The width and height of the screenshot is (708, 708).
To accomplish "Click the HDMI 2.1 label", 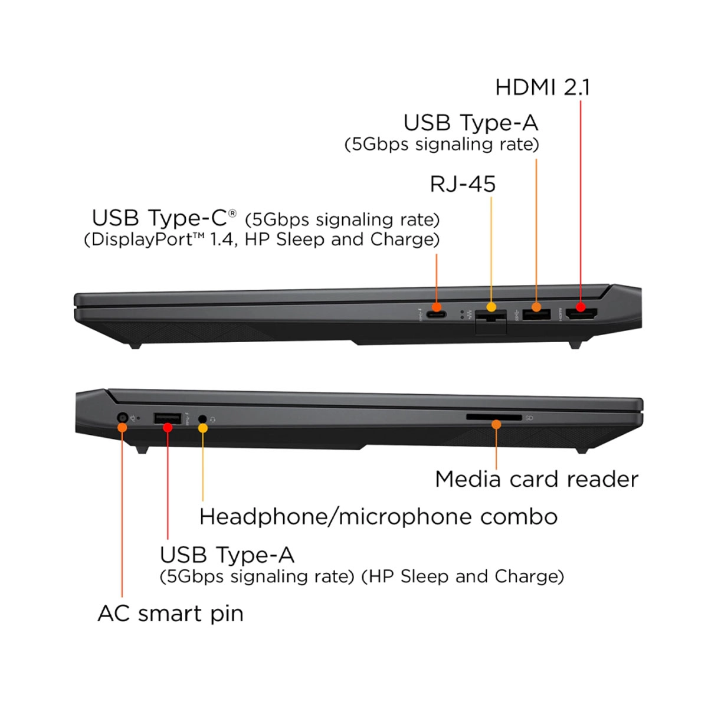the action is (x=542, y=87).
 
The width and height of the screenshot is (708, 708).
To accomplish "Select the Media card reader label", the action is (x=536, y=479).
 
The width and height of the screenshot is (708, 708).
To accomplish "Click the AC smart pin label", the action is (x=171, y=614).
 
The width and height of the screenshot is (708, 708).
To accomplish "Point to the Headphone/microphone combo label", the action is (x=378, y=517).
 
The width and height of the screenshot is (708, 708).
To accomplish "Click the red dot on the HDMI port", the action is (x=581, y=307).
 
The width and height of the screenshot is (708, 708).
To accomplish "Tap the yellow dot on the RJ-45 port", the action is (x=491, y=307).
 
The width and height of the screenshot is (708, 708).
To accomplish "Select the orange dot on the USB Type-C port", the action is (x=437, y=307).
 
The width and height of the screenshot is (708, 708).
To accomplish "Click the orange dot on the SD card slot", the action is (x=496, y=425).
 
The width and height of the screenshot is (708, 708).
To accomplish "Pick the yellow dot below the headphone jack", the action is (x=203, y=428).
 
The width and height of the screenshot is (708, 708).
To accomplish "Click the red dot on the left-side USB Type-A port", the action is (x=168, y=427).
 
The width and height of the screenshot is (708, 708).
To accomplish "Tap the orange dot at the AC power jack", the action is (x=122, y=427).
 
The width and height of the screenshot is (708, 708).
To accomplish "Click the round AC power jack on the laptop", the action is (x=122, y=418).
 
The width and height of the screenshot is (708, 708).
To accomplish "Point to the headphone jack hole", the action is (x=202, y=418).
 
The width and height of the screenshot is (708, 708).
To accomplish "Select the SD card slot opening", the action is (x=494, y=417).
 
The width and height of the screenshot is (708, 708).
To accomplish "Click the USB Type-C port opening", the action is (x=437, y=314).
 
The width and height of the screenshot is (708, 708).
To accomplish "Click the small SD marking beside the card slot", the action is (x=529, y=418).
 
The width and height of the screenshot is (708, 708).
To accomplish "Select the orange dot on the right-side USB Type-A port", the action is (x=536, y=307).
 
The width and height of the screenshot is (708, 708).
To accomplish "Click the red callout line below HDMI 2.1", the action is (x=581, y=201).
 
